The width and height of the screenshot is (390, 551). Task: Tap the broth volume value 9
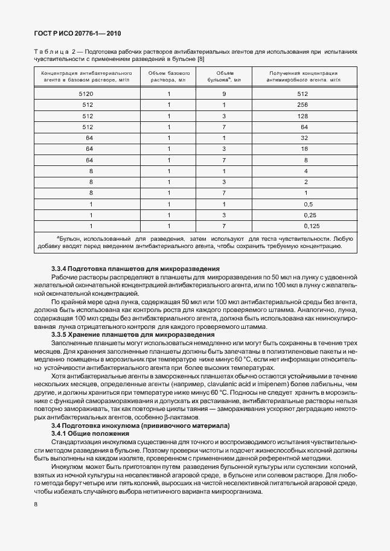pyautogui.click(x=224, y=94)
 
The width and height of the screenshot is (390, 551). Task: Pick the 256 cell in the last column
pyautogui.click(x=304, y=105)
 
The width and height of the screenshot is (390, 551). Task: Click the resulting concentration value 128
pyautogui.click(x=304, y=116)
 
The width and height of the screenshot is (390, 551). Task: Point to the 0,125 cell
pyautogui.click(x=304, y=226)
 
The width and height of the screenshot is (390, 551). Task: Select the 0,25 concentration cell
pyautogui.click(x=304, y=215)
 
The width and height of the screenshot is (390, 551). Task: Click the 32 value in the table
pyautogui.click(x=304, y=138)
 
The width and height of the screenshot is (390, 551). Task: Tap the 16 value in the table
pyautogui.click(x=304, y=148)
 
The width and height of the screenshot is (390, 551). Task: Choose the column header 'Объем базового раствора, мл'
pyautogui.click(x=170, y=76)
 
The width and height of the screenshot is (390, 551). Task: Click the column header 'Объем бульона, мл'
pyautogui.click(x=224, y=76)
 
